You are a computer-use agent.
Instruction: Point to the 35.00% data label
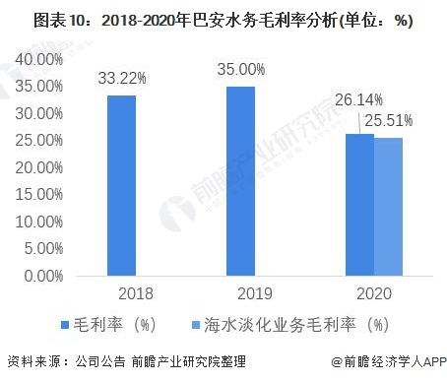tap(240, 67)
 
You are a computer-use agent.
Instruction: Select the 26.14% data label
tap(356, 100)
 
